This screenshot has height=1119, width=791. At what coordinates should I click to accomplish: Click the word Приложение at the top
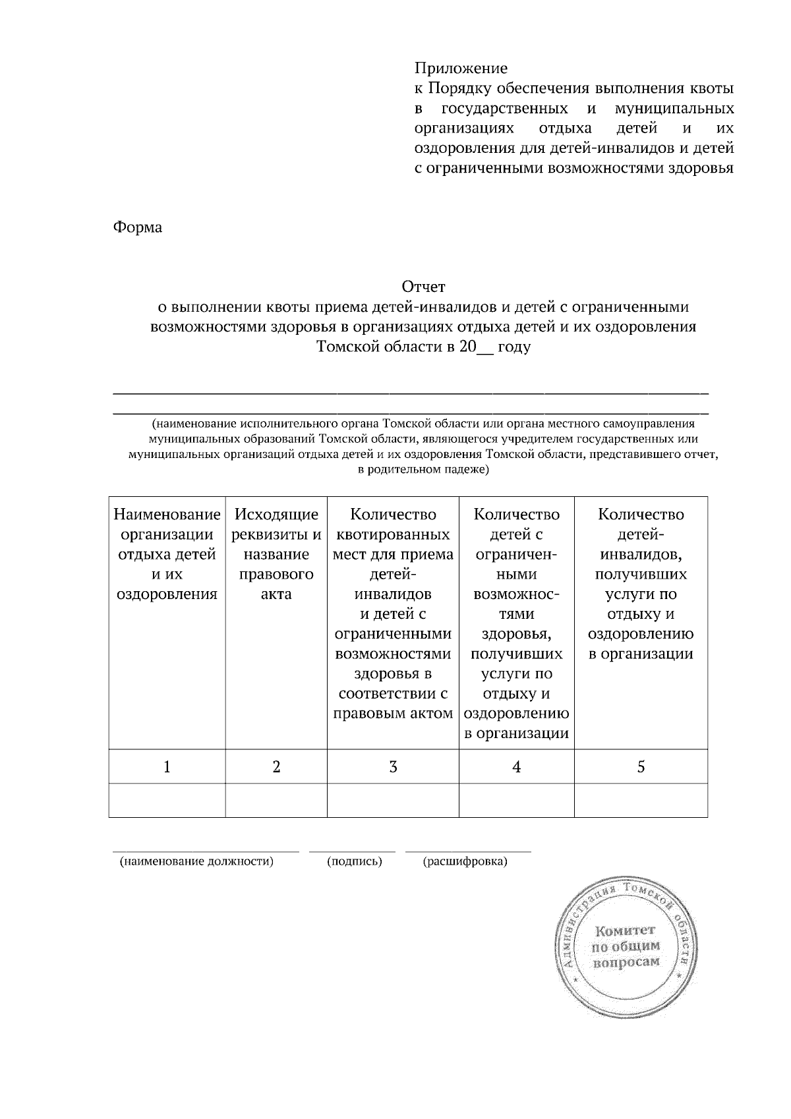(461, 69)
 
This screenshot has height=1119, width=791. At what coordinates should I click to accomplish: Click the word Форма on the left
(138, 227)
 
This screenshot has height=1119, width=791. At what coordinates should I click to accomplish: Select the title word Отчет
(424, 287)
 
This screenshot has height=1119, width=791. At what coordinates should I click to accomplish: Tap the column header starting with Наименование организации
(167, 554)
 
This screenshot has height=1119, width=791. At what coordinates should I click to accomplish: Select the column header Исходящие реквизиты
(276, 554)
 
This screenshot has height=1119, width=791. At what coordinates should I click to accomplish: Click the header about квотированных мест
(393, 614)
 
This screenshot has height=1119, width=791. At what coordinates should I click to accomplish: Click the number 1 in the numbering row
(167, 766)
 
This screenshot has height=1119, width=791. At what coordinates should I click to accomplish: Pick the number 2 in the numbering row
(276, 766)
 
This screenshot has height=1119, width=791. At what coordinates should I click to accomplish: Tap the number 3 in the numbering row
(393, 766)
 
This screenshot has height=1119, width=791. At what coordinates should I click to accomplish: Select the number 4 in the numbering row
(516, 766)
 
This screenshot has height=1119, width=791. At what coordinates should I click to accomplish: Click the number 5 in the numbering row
(641, 766)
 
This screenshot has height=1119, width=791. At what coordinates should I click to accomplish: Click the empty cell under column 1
(167, 800)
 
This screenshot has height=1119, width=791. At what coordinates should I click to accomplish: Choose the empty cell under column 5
(641, 800)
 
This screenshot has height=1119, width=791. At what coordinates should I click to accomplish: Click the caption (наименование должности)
(196, 861)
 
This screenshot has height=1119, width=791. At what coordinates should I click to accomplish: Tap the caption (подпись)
(355, 861)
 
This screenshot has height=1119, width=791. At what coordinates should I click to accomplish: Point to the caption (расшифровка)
(465, 861)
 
